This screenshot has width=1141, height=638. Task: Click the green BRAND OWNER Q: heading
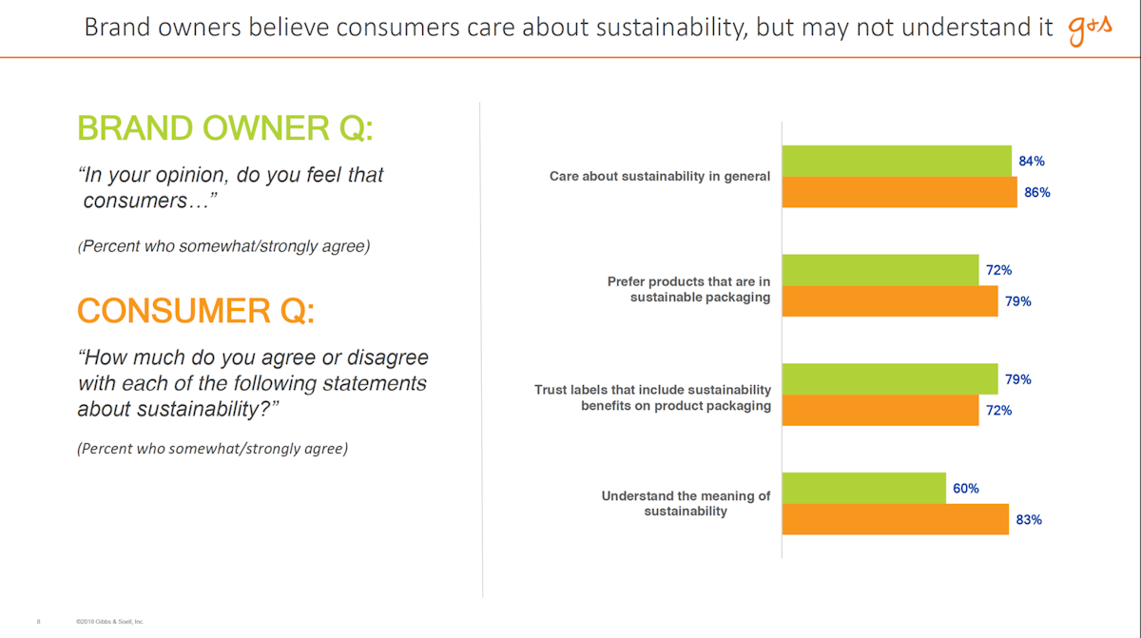[224, 128]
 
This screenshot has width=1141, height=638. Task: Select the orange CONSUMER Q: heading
[196, 311]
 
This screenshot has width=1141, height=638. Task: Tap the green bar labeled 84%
[896, 161]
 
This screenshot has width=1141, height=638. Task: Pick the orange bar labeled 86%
[899, 192]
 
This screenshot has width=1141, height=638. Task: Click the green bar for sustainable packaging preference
[880, 270]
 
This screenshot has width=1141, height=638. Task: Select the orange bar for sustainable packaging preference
[889, 301]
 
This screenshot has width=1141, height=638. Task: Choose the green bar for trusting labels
[889, 379]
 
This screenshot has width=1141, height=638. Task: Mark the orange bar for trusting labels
[880, 411]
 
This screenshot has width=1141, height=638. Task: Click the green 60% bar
[863, 489]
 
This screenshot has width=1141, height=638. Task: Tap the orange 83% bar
[895, 520]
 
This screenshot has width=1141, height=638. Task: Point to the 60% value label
[965, 489]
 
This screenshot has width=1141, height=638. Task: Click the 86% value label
[1036, 192]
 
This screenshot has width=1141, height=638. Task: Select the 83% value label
[1029, 520]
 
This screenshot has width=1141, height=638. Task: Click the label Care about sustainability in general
[660, 177]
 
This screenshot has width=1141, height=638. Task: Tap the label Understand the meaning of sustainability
[686, 504]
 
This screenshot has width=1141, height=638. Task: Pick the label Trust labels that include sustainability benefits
[652, 397]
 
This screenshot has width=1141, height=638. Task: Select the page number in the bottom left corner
[38, 621]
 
